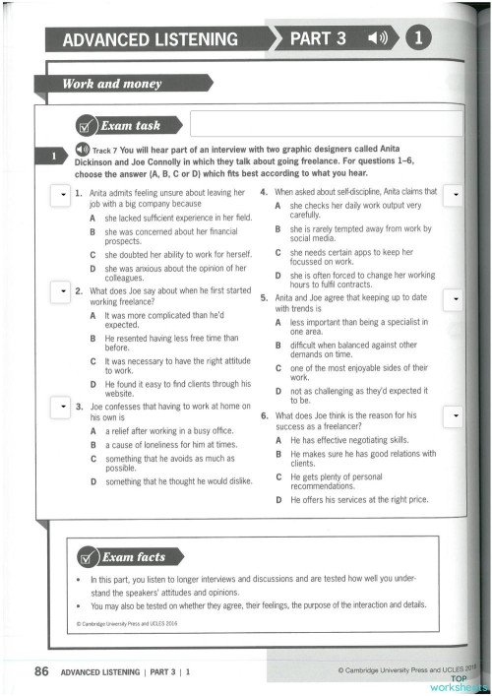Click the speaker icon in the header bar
[x=379, y=39]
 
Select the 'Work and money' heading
[x=98, y=84]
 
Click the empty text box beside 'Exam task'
[x=325, y=124]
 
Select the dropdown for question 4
[x=455, y=197]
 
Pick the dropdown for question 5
[x=455, y=296]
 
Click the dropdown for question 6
[x=455, y=417]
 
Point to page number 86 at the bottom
[x=41, y=672]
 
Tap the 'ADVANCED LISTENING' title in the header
[x=150, y=40]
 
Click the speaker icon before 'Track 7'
[x=82, y=149]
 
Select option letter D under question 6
[x=280, y=500]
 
